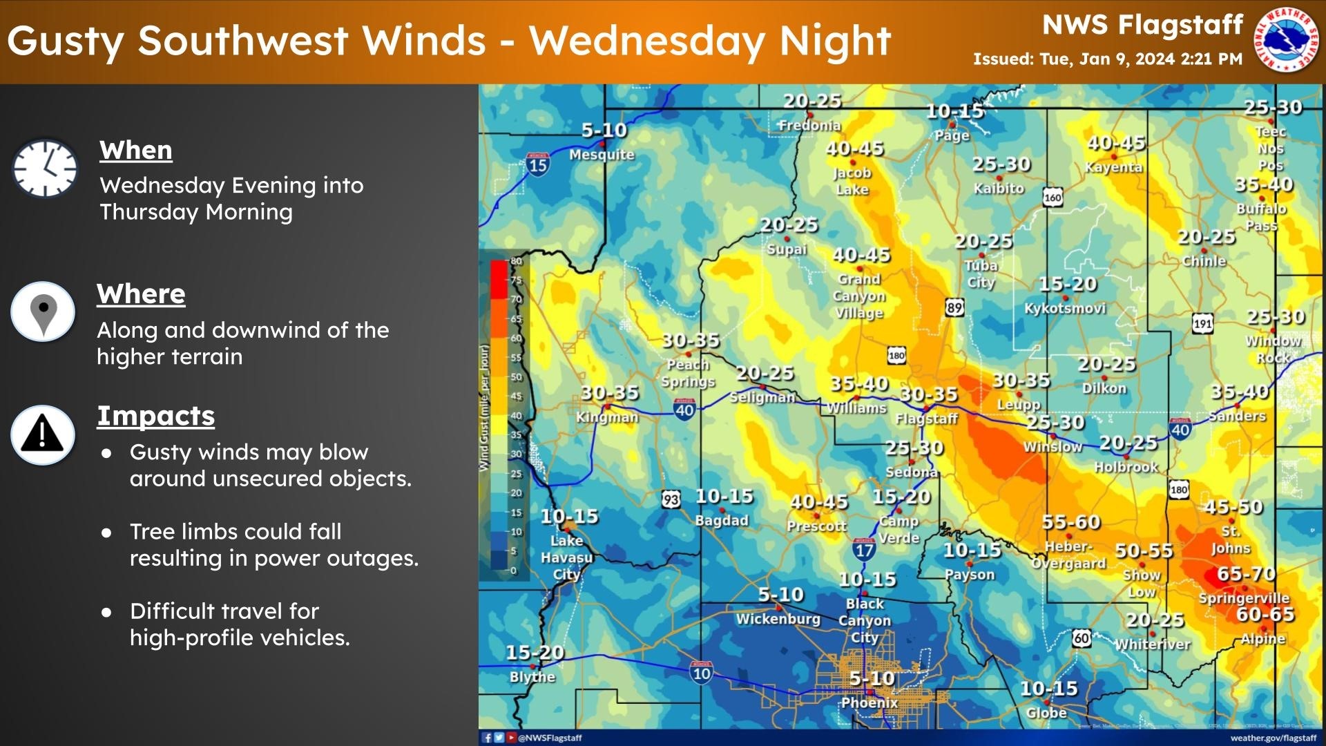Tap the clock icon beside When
pyautogui.click(x=45, y=169)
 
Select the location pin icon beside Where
pyautogui.click(x=43, y=312)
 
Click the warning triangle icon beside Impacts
pyautogui.click(x=43, y=434)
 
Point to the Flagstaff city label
pyautogui.click(x=926, y=419)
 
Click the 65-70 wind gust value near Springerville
pyautogui.click(x=1246, y=574)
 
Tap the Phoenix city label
pyautogui.click(x=869, y=702)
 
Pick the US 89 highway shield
pyautogui.click(x=954, y=307)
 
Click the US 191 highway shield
pyautogui.click(x=1202, y=323)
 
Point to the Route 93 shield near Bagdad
pyautogui.click(x=671, y=499)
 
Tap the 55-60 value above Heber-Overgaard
pyautogui.click(x=1071, y=522)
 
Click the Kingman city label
pyautogui.click(x=607, y=417)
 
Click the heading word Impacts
pyautogui.click(x=155, y=416)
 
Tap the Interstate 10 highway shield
pyautogui.click(x=701, y=672)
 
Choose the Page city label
pyautogui.click(x=952, y=135)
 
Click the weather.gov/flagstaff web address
pyautogui.click(x=1273, y=738)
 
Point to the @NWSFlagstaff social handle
pyautogui.click(x=550, y=738)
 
